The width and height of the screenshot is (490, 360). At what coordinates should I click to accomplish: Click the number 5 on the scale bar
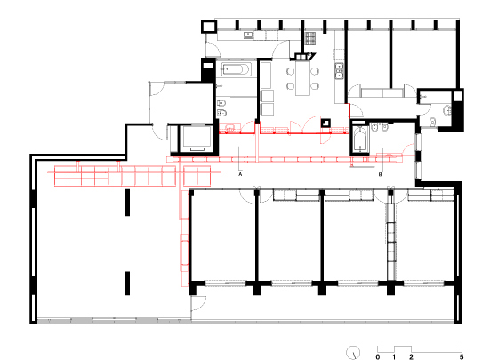point(462,356)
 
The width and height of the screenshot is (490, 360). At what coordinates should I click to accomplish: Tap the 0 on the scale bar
point(378,356)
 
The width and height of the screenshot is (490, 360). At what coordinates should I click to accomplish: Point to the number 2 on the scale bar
point(411,356)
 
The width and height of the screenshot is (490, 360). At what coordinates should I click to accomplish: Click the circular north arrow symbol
point(353,353)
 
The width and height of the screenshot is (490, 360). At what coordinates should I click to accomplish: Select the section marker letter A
point(240,174)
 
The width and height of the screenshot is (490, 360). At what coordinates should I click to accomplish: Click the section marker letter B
point(381,174)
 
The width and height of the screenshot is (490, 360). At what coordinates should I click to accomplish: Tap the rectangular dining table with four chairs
point(303,78)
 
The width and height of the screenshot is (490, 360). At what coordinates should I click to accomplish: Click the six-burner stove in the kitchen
point(310,38)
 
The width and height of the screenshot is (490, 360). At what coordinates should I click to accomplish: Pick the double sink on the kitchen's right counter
point(339,70)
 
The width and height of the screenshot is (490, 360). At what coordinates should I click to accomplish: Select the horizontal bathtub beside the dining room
point(237,69)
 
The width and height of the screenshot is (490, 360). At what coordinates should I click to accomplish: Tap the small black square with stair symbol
point(325,123)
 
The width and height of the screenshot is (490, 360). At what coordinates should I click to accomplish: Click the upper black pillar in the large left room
point(127,203)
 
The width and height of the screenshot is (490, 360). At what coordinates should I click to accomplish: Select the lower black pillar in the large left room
point(127,284)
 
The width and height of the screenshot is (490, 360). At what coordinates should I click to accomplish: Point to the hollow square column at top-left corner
point(209,27)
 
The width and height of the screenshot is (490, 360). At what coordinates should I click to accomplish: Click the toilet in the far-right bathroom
point(432,121)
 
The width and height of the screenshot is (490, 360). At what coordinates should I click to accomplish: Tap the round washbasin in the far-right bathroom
point(447,110)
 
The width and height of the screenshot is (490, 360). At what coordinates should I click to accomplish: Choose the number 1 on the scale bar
point(394,356)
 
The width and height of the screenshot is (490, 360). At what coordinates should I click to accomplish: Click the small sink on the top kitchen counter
point(248,36)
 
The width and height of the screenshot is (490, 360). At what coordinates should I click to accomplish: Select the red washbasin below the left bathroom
point(230,128)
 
